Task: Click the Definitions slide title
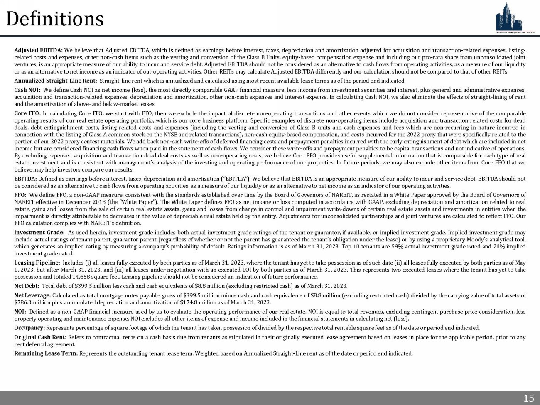55,19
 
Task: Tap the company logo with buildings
515,17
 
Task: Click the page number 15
528,398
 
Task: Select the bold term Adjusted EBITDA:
39,50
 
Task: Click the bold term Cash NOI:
27,90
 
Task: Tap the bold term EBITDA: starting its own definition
26,179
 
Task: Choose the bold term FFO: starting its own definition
21,194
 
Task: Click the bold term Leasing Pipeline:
37,263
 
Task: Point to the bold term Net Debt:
27,286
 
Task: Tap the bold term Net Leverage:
33,295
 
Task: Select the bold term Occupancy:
29,328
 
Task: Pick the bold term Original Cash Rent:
41,337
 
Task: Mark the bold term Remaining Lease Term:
46,353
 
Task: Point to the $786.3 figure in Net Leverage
22,302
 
